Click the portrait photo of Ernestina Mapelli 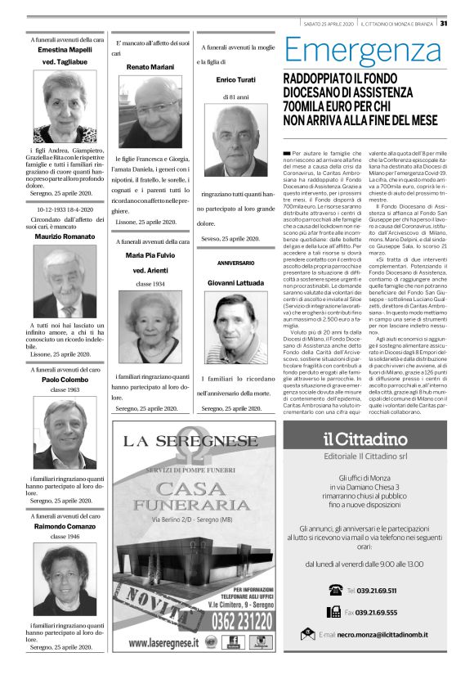click(65, 106)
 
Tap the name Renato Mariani click(150, 65)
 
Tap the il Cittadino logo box click(366, 439)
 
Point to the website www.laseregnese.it click(163, 642)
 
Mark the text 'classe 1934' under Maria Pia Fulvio click(150, 282)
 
